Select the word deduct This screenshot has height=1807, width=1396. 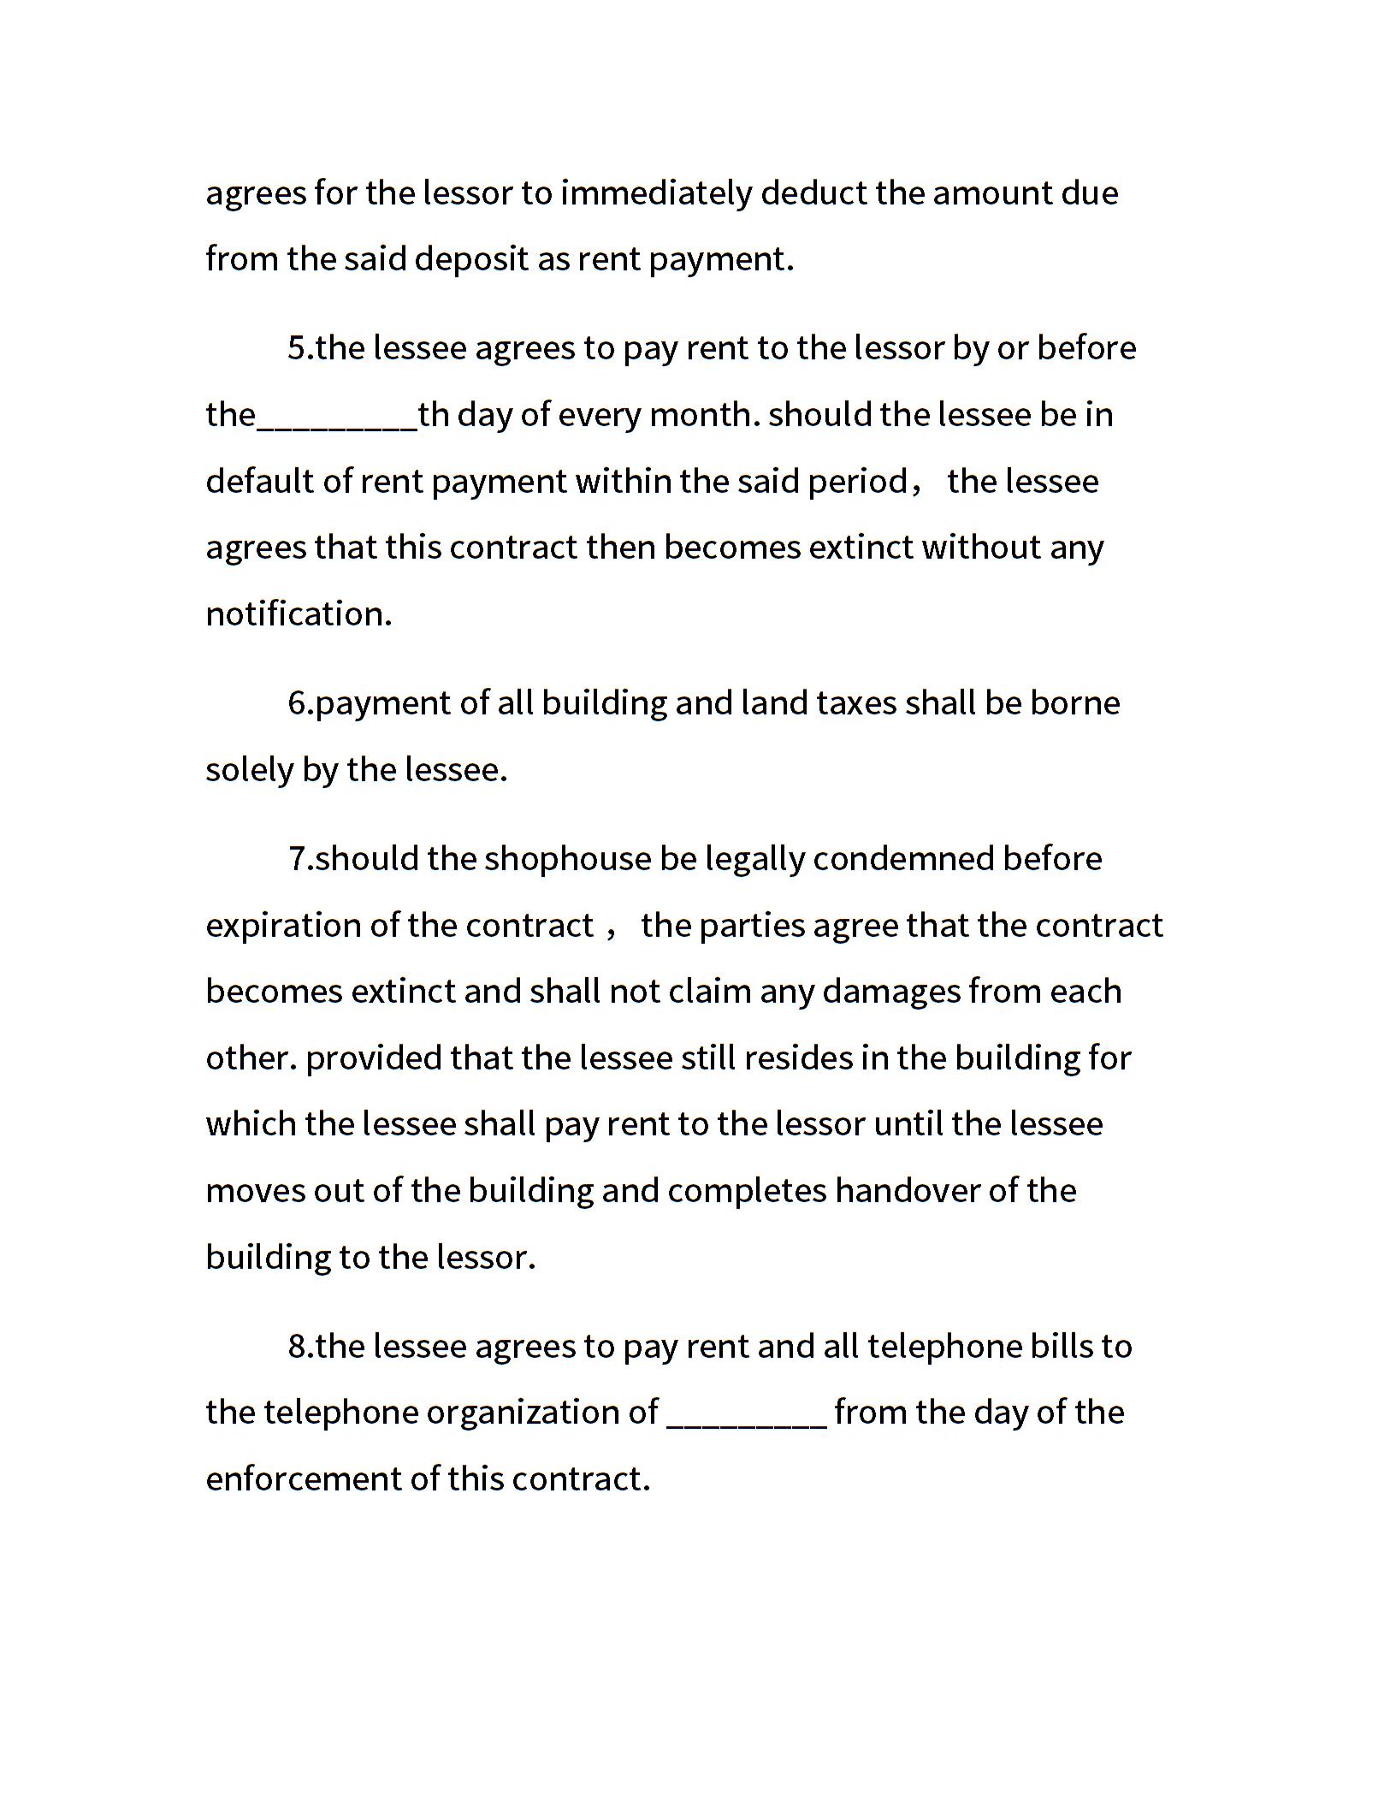click(813, 193)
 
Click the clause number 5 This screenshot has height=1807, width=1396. click(297, 348)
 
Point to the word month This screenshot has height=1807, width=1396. click(703, 415)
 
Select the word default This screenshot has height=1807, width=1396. click(257, 481)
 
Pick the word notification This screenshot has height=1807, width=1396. click(299, 614)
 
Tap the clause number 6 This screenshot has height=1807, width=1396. click(297, 703)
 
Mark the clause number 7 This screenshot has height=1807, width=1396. click(297, 859)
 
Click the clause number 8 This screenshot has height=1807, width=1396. click(297, 1347)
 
